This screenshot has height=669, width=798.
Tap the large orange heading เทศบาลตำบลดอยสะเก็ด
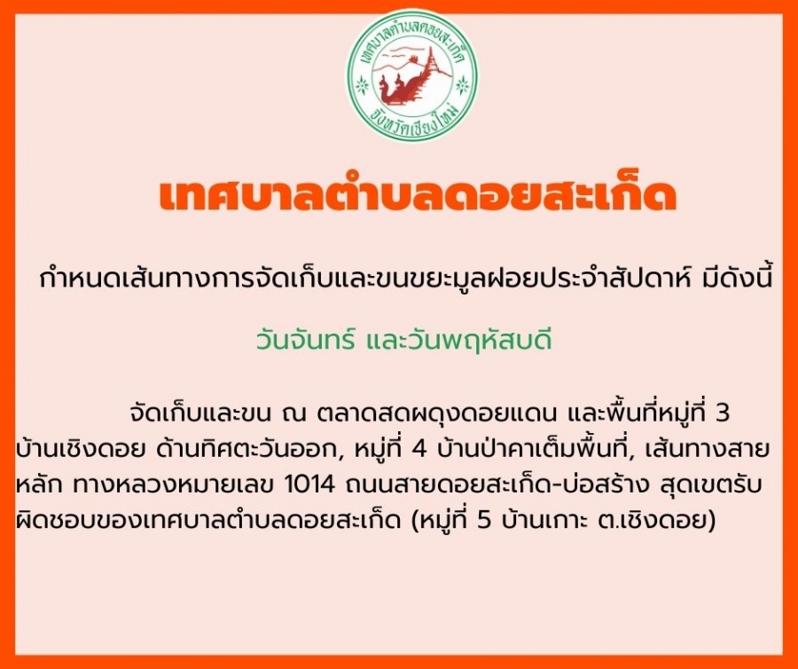click(x=418, y=195)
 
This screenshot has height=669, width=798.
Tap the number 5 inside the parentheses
click(x=485, y=521)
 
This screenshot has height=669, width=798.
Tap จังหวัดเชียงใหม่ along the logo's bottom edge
click(x=415, y=120)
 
